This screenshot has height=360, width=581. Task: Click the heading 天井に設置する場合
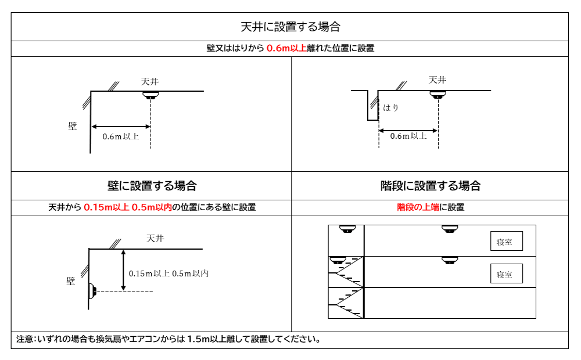tap(290, 27)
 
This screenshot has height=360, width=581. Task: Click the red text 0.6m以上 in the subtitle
tap(286, 49)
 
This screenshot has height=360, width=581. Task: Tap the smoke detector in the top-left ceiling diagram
tap(150, 95)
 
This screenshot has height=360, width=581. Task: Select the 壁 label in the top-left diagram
tap(73, 126)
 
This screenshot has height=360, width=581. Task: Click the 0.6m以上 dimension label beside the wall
tap(120, 137)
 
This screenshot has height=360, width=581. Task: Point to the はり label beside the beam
tap(391, 107)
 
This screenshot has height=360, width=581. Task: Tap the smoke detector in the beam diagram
tap(438, 95)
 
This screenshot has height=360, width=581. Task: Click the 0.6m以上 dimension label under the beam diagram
tap(408, 136)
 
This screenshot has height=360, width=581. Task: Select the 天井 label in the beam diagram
tap(437, 80)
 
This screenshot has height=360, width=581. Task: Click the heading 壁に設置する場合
tap(152, 186)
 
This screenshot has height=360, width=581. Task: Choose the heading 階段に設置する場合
tap(430, 186)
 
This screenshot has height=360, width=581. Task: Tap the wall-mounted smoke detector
tap(92, 290)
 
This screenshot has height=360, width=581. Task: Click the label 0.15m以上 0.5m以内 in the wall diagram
tap(169, 273)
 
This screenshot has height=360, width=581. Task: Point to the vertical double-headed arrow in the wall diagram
tap(123, 270)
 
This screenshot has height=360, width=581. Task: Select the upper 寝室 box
tap(507, 242)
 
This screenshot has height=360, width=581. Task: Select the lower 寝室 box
tap(507, 273)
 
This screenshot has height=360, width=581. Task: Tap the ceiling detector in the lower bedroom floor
tap(447, 260)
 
